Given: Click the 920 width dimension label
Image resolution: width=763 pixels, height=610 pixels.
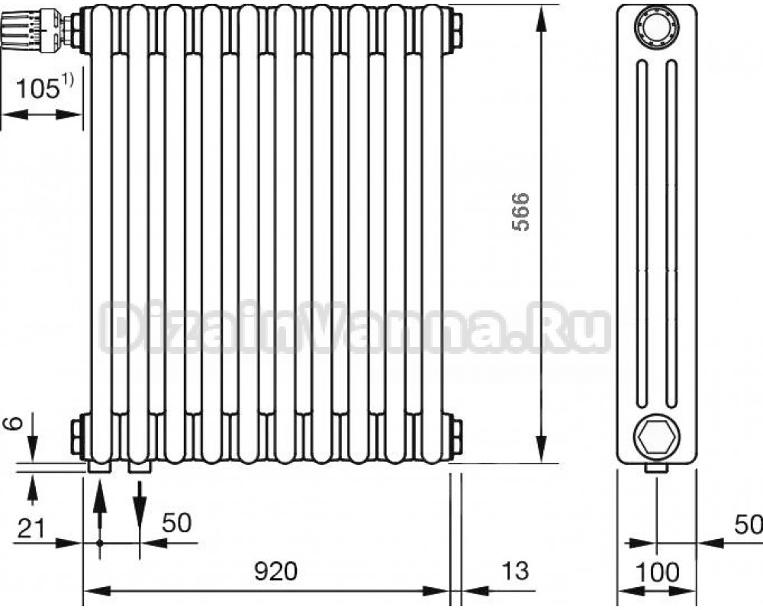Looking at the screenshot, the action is click(x=275, y=571).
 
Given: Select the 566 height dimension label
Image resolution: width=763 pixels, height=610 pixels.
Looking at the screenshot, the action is click(x=520, y=211).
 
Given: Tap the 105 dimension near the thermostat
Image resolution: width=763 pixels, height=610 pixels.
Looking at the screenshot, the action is click(x=38, y=89).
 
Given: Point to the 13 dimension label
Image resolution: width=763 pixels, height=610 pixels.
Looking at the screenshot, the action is click(x=515, y=570).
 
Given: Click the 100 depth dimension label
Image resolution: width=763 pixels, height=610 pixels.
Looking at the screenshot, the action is click(x=657, y=572).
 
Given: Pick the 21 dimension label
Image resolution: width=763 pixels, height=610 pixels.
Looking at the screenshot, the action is click(x=31, y=528).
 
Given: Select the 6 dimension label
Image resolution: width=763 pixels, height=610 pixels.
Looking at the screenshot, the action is click(x=15, y=423).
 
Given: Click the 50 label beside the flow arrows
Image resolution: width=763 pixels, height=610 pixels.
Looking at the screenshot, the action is click(x=177, y=523).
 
